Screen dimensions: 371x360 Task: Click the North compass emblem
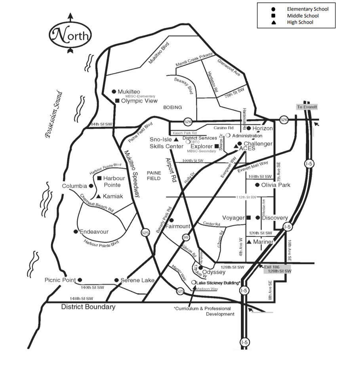(x=70, y=35)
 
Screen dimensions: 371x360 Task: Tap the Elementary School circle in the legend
(x=273, y=9)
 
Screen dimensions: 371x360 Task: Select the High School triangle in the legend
(x=273, y=22)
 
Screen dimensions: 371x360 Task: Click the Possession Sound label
(x=54, y=114)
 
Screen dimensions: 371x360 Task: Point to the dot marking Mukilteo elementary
(x=114, y=91)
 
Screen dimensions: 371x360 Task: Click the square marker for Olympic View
(x=117, y=100)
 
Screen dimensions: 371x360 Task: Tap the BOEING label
(x=172, y=107)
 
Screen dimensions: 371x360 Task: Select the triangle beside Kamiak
(x=98, y=196)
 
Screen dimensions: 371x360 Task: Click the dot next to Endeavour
(x=76, y=231)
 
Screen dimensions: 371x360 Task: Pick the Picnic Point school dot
(x=80, y=280)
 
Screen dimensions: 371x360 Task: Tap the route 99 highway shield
(x=186, y=237)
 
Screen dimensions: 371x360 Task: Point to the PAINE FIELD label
(x=154, y=176)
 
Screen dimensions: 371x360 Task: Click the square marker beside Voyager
(x=249, y=218)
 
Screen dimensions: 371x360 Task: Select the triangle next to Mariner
(x=249, y=242)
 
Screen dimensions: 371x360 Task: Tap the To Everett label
(x=307, y=107)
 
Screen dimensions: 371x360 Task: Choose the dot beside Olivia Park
(x=257, y=185)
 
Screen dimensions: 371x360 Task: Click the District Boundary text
(x=88, y=307)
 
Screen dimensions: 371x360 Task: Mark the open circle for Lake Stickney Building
(x=193, y=282)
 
